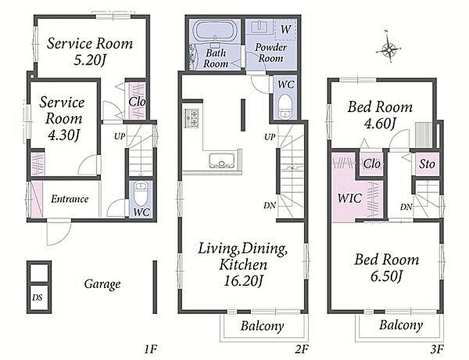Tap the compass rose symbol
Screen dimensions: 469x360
[x=389, y=48]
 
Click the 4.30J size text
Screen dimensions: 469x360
[x=64, y=135]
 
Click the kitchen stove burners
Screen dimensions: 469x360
[x=192, y=118]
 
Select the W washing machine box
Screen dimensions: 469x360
[x=285, y=29]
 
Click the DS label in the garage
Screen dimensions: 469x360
[x=37, y=298]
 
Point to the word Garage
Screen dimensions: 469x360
[x=102, y=284]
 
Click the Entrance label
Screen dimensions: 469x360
[x=69, y=199]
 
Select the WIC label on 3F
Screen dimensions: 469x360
[x=349, y=198]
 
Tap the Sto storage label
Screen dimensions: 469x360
[x=427, y=164]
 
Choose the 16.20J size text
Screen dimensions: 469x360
[x=243, y=281]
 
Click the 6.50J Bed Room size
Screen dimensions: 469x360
[x=386, y=276]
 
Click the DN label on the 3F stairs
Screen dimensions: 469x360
[x=406, y=207]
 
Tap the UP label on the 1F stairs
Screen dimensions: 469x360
[x=119, y=137]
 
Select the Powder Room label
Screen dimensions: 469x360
[x=271, y=53]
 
